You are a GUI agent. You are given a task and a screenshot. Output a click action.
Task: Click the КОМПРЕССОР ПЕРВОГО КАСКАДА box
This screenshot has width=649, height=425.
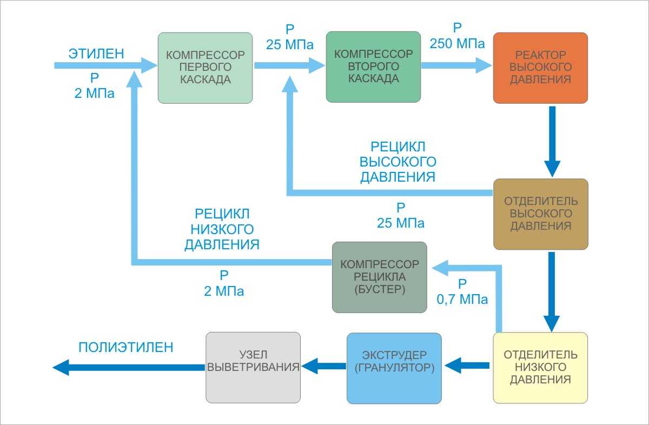coord(205,68)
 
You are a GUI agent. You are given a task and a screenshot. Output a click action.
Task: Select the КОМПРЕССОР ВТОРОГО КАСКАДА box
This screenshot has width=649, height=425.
coord(373,67)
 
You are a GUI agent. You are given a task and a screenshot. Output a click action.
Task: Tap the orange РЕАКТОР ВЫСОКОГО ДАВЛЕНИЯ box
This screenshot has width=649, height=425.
coord(540,68)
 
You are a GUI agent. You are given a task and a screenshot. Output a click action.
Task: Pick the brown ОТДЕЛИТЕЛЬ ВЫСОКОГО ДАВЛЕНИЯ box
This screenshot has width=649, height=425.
coord(540,214)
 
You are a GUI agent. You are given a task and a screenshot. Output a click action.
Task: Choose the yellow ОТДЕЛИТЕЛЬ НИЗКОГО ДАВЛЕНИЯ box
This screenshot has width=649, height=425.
coord(540,367)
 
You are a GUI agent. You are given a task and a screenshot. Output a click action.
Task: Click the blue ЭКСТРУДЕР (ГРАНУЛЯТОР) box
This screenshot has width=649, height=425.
coord(394,368)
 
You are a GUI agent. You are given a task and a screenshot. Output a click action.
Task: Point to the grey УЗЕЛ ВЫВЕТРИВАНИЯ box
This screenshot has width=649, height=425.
coord(253,367)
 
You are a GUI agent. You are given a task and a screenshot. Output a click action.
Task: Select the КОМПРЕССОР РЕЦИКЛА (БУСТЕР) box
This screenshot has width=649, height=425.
coord(379,277)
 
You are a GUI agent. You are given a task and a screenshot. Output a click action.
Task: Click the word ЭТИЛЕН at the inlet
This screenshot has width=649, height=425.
coord(96,54)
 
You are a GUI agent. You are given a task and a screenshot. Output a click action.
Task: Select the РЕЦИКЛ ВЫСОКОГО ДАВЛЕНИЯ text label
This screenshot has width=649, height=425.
coord(398,162)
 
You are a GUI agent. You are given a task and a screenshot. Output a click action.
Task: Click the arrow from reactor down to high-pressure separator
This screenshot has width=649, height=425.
coord(552,141)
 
